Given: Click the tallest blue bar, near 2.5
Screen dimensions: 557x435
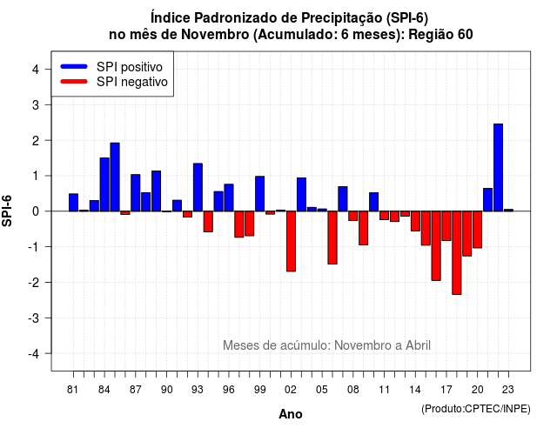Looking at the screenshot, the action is pyautogui.click(x=498, y=168).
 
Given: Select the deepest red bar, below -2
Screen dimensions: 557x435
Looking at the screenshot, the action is pyautogui.click(x=456, y=253).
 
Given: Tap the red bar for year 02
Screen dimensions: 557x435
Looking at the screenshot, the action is pyautogui.click(x=291, y=242).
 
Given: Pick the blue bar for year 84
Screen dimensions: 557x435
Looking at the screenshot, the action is pyautogui.click(x=104, y=184).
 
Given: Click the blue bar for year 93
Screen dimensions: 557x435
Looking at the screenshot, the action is pyautogui.click(x=198, y=188).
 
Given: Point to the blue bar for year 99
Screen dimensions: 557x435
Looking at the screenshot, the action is pyautogui.click(x=259, y=193).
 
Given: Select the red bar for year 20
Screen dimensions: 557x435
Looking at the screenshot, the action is pyautogui.click(x=478, y=230).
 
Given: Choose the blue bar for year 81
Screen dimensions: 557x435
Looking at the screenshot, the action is pyautogui.click(x=73, y=203).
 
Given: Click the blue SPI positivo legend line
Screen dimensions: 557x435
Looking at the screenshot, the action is pyautogui.click(x=74, y=66).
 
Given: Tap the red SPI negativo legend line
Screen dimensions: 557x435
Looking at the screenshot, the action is pyautogui.click(x=74, y=82).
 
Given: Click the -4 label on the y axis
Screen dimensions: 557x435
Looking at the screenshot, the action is pyautogui.click(x=34, y=353).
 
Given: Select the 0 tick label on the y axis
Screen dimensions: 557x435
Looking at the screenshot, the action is pyautogui.click(x=35, y=211).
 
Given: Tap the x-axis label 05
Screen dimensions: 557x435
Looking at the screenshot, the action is pyautogui.click(x=322, y=390).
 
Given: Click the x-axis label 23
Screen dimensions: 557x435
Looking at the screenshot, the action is pyautogui.click(x=508, y=390).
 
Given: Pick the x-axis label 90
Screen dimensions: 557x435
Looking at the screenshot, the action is pyautogui.click(x=166, y=390).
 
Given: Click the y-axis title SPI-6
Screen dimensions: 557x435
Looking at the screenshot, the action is pyautogui.click(x=7, y=211).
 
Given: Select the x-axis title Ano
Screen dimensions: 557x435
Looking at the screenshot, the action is pyautogui.click(x=291, y=414).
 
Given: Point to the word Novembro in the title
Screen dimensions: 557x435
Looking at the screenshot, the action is pyautogui.click(x=215, y=35).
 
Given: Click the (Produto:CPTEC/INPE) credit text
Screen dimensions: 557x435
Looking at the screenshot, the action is pyautogui.click(x=476, y=409).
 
